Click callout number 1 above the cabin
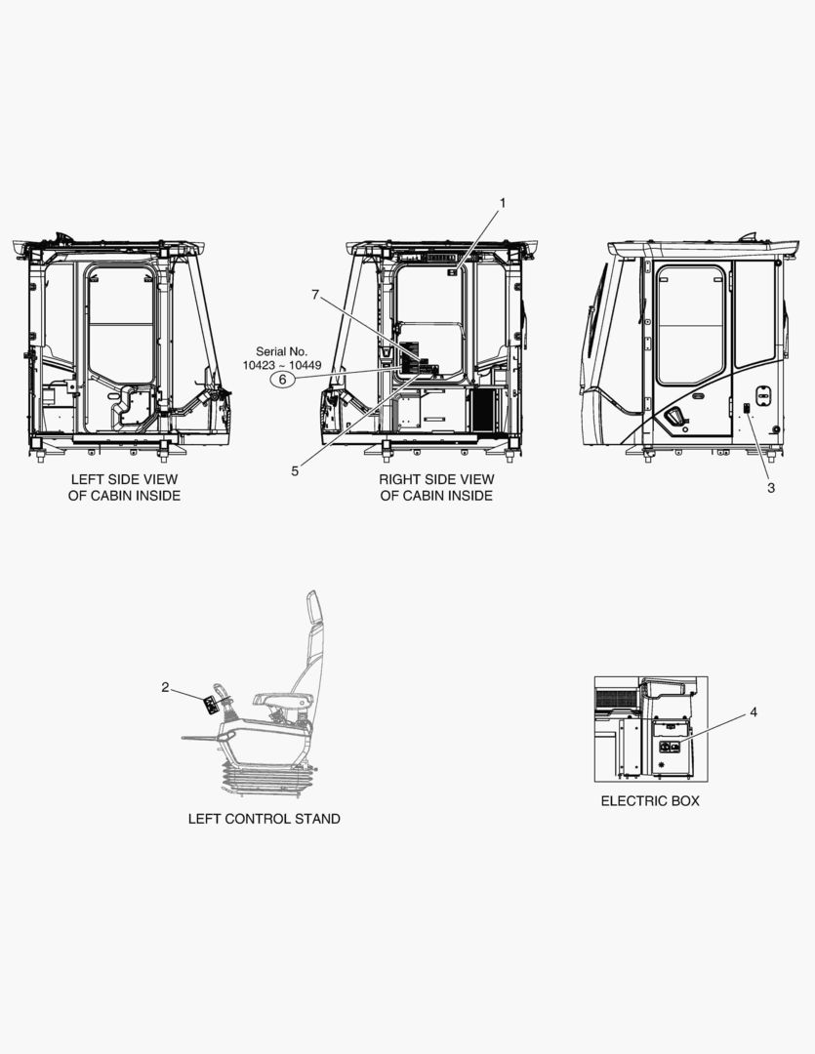click(x=502, y=202)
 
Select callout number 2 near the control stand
click(x=165, y=687)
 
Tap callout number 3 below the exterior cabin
click(x=771, y=487)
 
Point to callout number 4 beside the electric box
click(x=754, y=711)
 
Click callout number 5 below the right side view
click(x=295, y=471)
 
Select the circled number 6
click(x=282, y=380)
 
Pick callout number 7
click(x=314, y=295)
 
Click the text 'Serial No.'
click(x=281, y=351)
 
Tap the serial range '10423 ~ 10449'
click(x=282, y=365)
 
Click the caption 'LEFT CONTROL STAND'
click(x=265, y=819)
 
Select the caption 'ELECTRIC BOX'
click(x=650, y=800)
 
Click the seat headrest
click(x=312, y=608)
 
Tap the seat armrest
click(x=283, y=700)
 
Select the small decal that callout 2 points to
click(x=211, y=706)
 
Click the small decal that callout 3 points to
click(x=747, y=408)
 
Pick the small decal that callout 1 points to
click(x=453, y=272)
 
